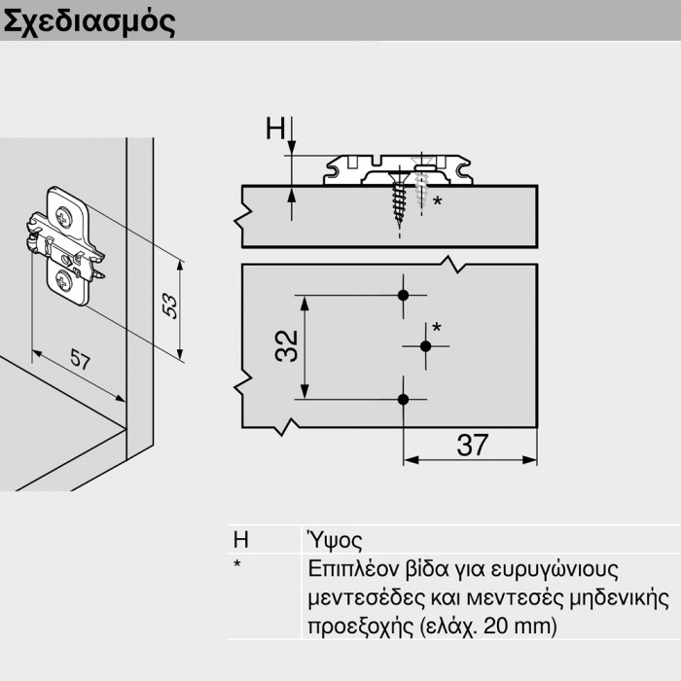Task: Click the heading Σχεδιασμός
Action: tap(90, 21)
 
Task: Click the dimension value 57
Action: tap(80, 362)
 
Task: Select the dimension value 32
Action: tap(286, 346)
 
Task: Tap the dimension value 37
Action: tap(472, 445)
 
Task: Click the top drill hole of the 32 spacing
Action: tap(405, 295)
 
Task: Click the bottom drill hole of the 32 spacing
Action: tap(405, 398)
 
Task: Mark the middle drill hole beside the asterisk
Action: tap(425, 346)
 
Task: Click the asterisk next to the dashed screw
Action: tap(438, 202)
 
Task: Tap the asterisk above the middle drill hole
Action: tap(436, 327)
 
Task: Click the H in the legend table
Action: tap(240, 541)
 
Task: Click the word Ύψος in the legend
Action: tap(334, 541)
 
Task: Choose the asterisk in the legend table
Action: tap(237, 566)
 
